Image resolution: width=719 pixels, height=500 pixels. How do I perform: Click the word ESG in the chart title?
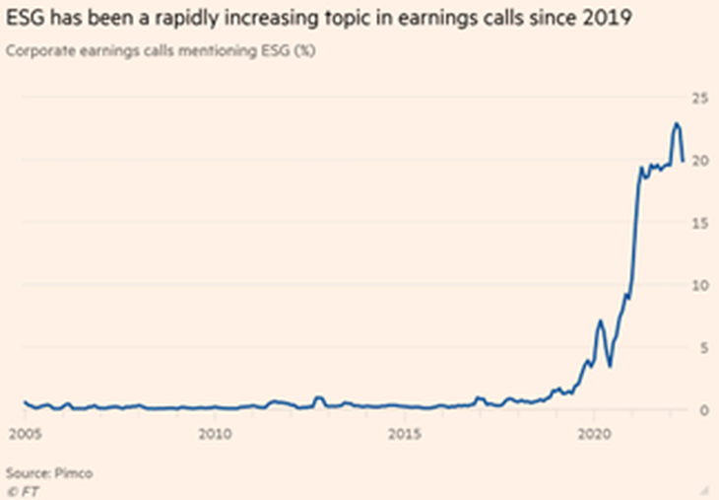tap(26, 18)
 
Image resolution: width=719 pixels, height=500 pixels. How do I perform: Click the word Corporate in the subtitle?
tap(40, 51)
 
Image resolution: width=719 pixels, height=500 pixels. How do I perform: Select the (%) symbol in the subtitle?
tap(304, 50)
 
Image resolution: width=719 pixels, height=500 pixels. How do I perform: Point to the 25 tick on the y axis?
tap(699, 98)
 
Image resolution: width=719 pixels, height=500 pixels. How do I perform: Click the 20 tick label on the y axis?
tap(699, 161)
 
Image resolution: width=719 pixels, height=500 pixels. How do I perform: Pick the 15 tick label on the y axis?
tap(699, 223)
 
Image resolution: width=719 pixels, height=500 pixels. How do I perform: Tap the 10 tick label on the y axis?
tap(699, 286)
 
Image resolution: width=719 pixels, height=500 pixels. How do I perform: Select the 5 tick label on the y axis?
tap(704, 348)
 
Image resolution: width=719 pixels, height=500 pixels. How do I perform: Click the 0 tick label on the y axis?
tap(704, 410)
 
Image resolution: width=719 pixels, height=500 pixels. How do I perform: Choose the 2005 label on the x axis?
tap(26, 434)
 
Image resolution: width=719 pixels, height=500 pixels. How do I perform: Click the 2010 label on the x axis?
tap(215, 434)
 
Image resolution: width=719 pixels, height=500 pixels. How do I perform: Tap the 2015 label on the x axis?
tap(405, 434)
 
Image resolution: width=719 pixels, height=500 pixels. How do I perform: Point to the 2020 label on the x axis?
tap(594, 434)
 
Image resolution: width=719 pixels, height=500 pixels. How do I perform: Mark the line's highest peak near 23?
tap(677, 123)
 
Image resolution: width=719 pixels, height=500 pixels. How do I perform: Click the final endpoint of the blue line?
tap(683, 161)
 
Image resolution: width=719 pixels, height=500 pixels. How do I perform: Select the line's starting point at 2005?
tap(26, 401)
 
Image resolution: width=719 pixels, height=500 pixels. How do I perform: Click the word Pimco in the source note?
tap(73, 473)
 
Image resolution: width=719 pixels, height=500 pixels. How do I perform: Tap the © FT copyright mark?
tap(23, 492)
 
